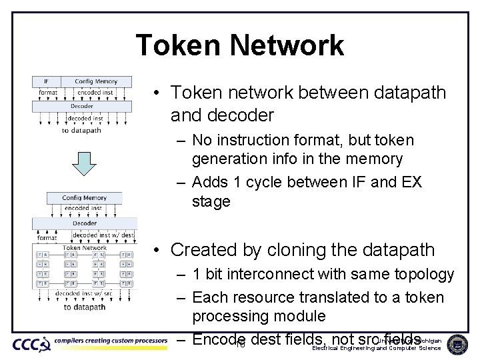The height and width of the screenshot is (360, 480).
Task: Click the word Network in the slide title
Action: click(x=287, y=45)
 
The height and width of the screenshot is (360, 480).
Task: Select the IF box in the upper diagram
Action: click(x=46, y=81)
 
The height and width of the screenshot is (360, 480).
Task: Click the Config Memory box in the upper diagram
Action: click(x=95, y=81)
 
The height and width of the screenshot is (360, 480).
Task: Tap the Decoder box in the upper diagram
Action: click(x=81, y=106)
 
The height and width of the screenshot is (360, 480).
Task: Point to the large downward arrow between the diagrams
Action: click(x=84, y=163)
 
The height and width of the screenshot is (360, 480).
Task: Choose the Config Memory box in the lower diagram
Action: click(x=84, y=197)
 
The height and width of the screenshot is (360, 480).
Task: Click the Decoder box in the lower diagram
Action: click(x=84, y=223)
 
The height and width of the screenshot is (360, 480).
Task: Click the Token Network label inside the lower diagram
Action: click(x=85, y=248)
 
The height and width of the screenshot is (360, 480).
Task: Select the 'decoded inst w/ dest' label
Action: click(x=103, y=236)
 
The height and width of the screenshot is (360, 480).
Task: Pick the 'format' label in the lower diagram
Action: click(x=47, y=237)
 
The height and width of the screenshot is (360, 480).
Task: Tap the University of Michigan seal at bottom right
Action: click(x=457, y=344)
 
